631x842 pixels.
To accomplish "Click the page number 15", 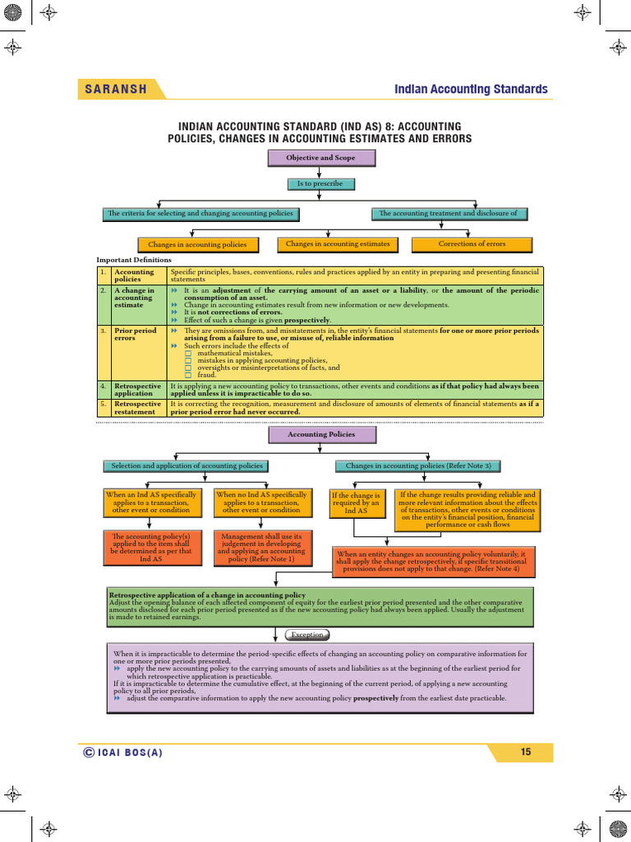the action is pos(526,752).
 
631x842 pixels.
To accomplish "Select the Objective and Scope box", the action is pos(321,158).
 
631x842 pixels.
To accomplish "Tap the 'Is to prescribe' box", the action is pos(320,183).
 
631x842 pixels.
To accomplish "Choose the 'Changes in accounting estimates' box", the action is pos(338,244).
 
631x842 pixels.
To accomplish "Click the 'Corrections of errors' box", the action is pos(472,244).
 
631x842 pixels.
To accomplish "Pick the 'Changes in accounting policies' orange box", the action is pos(197,245).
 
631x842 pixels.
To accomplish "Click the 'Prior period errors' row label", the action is pos(136,334).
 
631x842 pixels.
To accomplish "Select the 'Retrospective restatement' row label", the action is pos(137,408).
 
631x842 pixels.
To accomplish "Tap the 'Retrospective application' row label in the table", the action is pos(137,389).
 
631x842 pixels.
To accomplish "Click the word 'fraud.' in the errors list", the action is pos(206,375).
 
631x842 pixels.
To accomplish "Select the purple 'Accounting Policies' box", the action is pos(321,434).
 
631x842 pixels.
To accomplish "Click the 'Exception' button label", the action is pos(307,635).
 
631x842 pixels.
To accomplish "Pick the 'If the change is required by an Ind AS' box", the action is pos(357,503).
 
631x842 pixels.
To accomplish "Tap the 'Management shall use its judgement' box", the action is pos(262,548).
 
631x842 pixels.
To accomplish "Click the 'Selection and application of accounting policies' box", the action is pos(187,465).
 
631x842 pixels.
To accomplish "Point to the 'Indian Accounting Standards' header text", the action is pos(471,89).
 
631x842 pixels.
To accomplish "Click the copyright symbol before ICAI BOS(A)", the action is pos(89,752).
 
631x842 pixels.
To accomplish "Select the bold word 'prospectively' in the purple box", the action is pos(375,699).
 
